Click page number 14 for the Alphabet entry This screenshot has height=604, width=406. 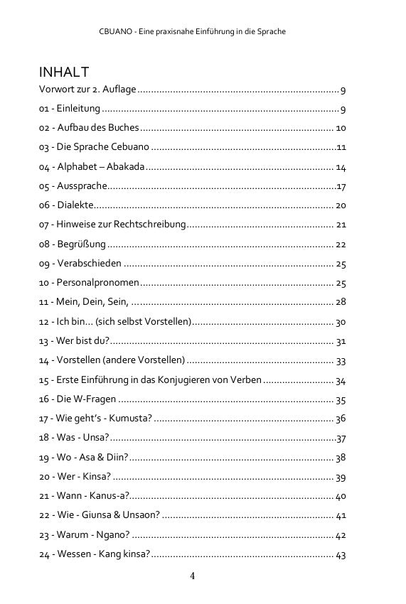[x=340, y=167]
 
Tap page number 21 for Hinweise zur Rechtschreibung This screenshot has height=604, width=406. [x=340, y=225]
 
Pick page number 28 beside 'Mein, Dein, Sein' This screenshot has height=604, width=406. [x=340, y=302]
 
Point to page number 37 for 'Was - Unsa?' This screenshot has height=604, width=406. [x=341, y=438]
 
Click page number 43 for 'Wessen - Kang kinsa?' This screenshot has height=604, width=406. [x=340, y=554]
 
